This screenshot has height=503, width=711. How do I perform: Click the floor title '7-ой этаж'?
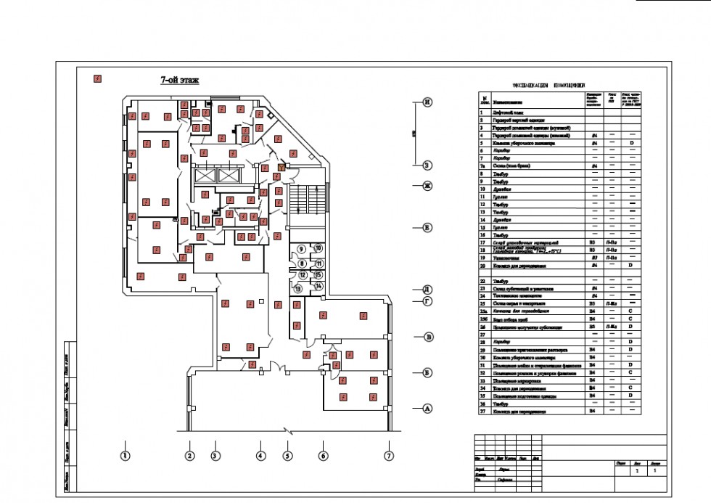pyautogui.click(x=179, y=81)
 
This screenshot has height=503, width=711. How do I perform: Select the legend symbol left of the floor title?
pyautogui.click(x=96, y=78)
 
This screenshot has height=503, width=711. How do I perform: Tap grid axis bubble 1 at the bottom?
pyautogui.click(x=125, y=456)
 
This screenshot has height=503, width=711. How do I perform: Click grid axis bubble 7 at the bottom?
pyautogui.click(x=389, y=456)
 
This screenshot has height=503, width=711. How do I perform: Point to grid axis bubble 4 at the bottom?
pyautogui.click(x=260, y=456)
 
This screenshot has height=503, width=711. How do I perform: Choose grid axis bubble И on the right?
pyautogui.click(x=428, y=102)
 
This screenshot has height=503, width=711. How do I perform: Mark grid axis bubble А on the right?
pyautogui.click(x=428, y=409)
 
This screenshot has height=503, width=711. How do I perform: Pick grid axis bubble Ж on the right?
pyautogui.click(x=428, y=186)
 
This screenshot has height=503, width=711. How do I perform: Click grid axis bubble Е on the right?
pyautogui.click(x=428, y=228)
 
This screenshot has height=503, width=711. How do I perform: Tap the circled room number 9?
pyautogui.click(x=301, y=249)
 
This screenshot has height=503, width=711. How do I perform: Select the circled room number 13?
pyautogui.click(x=297, y=288)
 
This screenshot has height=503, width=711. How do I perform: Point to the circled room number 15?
pyautogui.click(x=318, y=275)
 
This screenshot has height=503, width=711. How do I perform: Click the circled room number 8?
pyautogui.click(x=301, y=263)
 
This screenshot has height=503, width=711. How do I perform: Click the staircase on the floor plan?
pyautogui.click(x=305, y=197)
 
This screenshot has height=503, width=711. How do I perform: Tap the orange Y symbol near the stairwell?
pyautogui.click(x=281, y=168)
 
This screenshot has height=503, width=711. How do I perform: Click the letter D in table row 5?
pyautogui.click(x=631, y=144)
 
